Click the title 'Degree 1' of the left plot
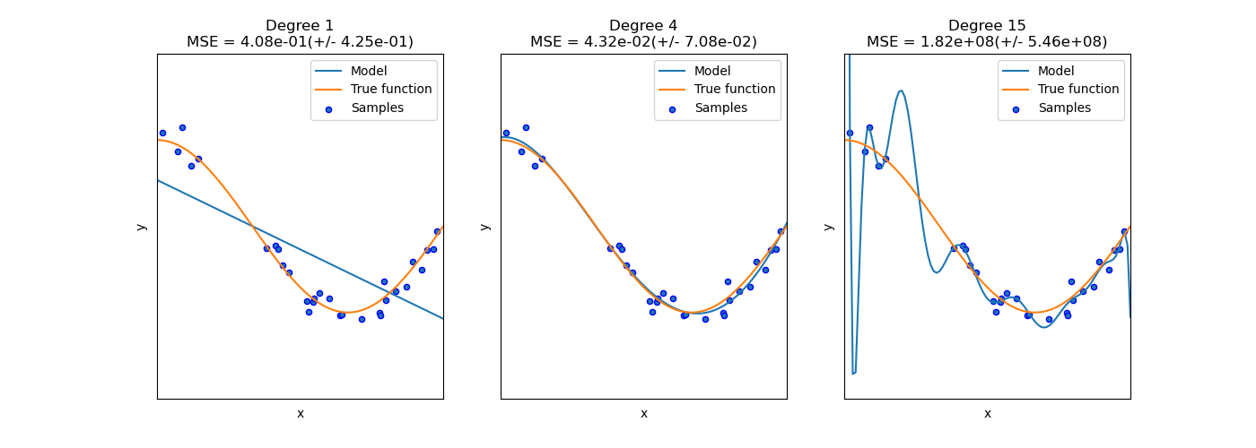click(x=300, y=26)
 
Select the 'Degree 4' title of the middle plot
click(x=643, y=26)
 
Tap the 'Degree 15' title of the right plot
click(x=987, y=26)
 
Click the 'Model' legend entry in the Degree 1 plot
click(x=369, y=71)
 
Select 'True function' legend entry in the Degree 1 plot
click(x=391, y=90)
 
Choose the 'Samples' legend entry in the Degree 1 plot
click(x=377, y=108)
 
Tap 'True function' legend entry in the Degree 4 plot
click(x=735, y=90)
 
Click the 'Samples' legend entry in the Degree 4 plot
click(x=720, y=108)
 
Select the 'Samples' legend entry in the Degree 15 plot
click(x=1064, y=108)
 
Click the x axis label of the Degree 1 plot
click(x=300, y=413)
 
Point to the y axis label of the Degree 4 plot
click(x=484, y=226)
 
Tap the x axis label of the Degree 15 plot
click(x=987, y=413)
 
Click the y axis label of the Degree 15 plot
click(x=828, y=226)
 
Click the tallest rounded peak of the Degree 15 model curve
click(x=901, y=90)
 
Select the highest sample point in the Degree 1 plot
click(x=182, y=127)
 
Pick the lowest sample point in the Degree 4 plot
click(x=705, y=319)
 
